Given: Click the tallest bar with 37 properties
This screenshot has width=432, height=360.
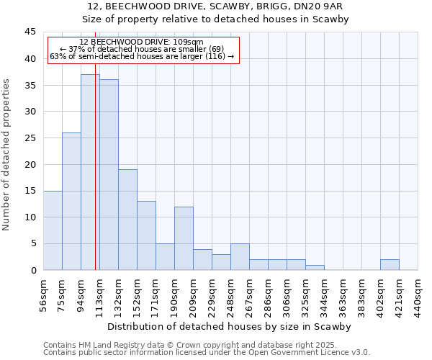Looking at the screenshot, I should [x=90, y=172].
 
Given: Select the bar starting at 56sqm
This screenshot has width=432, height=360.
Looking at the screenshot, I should [x=53, y=230].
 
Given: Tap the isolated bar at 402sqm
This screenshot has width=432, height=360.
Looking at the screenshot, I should [x=390, y=264].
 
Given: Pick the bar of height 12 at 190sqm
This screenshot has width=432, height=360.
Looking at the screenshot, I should [x=184, y=238].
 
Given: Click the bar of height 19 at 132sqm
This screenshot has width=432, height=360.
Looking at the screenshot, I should [x=127, y=220].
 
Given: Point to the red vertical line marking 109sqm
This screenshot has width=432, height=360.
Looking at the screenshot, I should [x=95, y=180].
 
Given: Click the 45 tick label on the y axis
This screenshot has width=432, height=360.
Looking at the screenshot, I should [x=30, y=32].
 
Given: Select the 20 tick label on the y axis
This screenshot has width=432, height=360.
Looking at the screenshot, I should [x=30, y=164].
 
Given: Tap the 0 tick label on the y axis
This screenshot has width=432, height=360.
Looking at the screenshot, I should [x=32, y=270].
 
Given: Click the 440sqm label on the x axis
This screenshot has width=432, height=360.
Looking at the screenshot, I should [x=418, y=294].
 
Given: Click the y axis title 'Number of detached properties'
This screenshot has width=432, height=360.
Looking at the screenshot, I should [x=7, y=155].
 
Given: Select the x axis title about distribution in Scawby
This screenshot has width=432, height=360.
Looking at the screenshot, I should [x=228, y=326].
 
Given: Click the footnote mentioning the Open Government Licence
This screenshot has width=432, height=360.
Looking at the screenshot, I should [x=207, y=352].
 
